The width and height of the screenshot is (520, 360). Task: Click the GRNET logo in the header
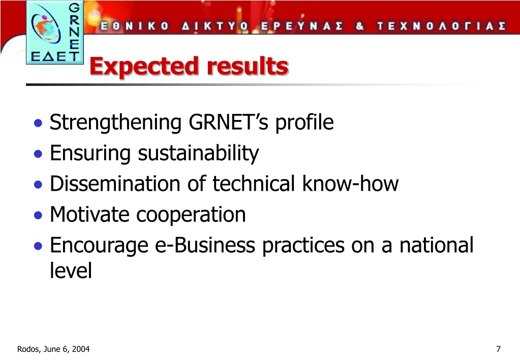tap(55, 32)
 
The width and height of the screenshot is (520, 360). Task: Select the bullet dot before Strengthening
tap(38, 123)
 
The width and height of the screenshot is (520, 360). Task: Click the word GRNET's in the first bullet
tap(229, 122)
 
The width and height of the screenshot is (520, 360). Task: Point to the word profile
tap(304, 123)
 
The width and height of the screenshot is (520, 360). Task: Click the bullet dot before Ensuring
tap(38, 154)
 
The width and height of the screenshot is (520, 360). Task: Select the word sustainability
tap(198, 154)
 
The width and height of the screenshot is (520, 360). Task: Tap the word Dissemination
tap(115, 184)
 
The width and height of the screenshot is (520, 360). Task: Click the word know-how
tap(350, 184)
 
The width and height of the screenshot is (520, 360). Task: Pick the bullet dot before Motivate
tap(38, 215)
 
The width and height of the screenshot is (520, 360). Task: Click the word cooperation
tap(191, 215)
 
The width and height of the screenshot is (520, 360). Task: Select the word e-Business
tap(205, 245)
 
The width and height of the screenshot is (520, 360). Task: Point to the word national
tap(437, 245)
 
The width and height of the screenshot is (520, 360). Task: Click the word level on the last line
tap(71, 270)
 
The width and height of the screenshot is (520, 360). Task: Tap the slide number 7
tap(498, 349)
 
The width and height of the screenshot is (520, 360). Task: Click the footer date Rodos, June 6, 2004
tap(53, 349)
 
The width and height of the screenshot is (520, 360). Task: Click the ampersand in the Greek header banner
tap(360, 26)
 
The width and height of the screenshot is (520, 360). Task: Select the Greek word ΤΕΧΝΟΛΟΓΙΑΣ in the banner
tap(441, 26)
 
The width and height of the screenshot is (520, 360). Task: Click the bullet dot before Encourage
tap(38, 246)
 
